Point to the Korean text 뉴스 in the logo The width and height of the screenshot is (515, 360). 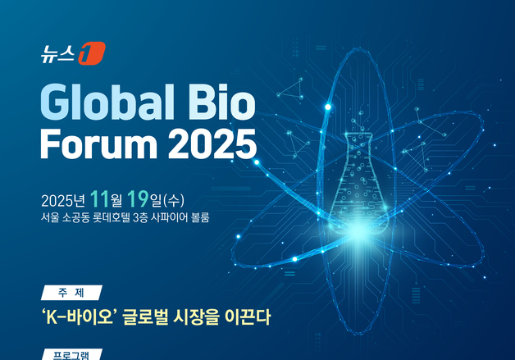[x=60, y=55]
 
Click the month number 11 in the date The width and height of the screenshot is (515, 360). [x=99, y=199]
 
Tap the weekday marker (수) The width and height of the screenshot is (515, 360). [x=175, y=200]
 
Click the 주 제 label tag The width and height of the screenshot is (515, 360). [x=71, y=293]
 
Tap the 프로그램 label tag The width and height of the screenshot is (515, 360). [x=71, y=355]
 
